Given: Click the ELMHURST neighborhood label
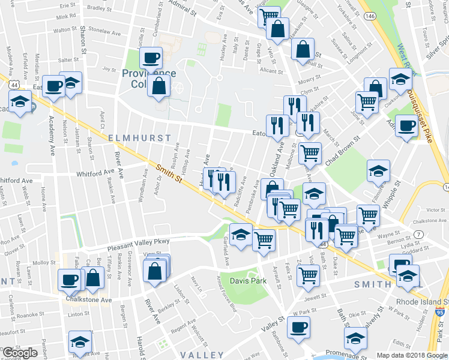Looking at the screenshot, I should [136, 138].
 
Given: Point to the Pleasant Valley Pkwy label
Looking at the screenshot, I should [139, 245].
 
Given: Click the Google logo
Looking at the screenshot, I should [20, 353].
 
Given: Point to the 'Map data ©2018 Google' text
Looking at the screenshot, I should [412, 355].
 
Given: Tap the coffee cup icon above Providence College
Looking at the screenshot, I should [151, 58].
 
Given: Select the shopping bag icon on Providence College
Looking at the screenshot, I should [159, 86].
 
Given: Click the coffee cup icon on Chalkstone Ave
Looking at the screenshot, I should [68, 279].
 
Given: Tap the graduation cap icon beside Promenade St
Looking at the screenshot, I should [355, 338].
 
